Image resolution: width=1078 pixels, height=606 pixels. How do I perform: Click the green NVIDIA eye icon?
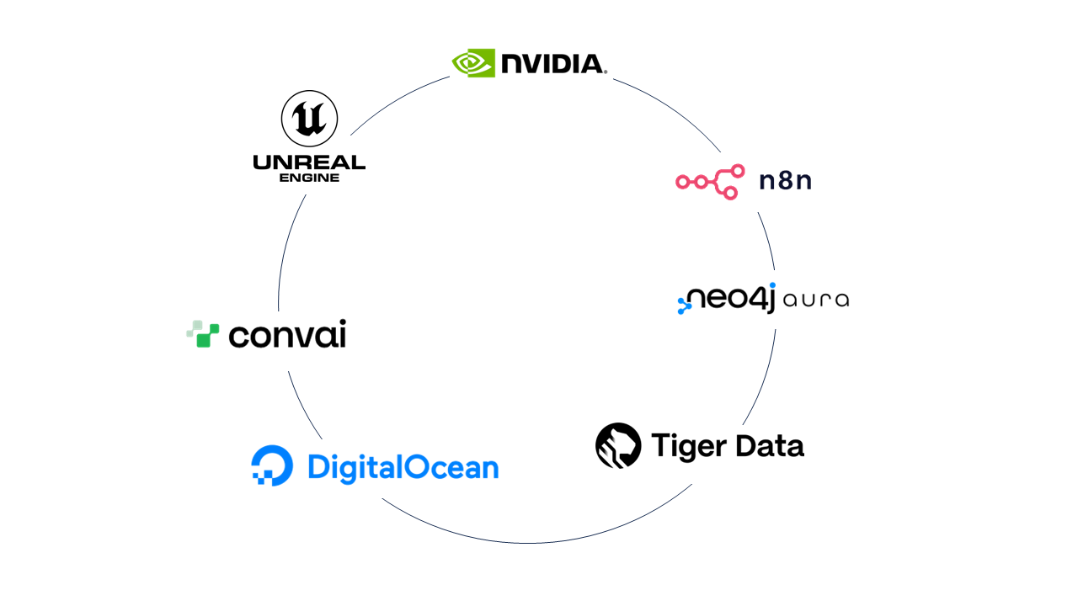point(473,63)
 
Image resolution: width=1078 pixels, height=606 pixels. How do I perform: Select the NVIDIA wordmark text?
point(552,63)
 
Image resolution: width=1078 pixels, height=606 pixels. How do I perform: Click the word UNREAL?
point(309,162)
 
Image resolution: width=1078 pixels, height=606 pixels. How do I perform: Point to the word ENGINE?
point(309,178)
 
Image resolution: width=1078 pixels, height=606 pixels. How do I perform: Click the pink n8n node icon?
point(711,182)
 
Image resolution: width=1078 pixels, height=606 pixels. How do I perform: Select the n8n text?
point(785,181)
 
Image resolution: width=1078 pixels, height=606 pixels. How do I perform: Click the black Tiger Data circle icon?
point(618,445)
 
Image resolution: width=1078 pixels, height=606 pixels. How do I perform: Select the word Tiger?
point(686,445)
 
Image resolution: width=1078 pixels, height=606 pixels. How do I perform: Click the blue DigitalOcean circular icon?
point(272,465)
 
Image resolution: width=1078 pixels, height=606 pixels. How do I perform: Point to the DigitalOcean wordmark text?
point(403,466)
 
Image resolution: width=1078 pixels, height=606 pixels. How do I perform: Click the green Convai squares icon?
point(202,334)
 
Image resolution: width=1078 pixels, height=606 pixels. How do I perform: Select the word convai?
point(287,335)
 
